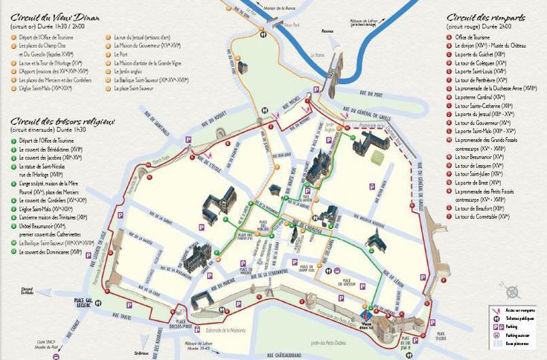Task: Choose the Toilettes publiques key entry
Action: (520, 318)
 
